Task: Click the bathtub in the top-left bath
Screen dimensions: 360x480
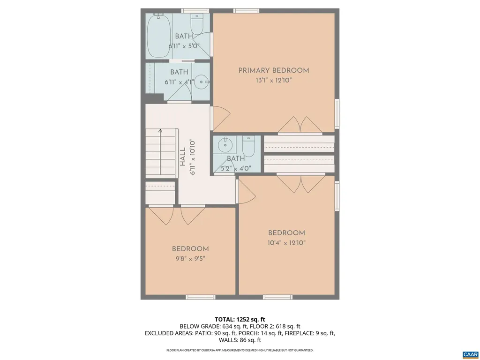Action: pyautogui.click(x=157, y=36)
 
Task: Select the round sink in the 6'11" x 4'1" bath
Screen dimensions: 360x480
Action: pyautogui.click(x=202, y=82)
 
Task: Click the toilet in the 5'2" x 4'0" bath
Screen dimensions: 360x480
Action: pyautogui.click(x=248, y=146)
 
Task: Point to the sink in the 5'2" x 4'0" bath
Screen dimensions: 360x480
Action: pyautogui.click(x=225, y=143)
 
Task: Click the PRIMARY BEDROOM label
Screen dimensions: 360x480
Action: pyautogui.click(x=274, y=71)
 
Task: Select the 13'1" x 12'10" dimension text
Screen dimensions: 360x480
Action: pyautogui.click(x=274, y=80)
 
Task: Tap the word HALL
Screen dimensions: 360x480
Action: pyautogui.click(x=182, y=157)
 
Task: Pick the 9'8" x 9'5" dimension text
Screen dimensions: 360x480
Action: pyautogui.click(x=190, y=258)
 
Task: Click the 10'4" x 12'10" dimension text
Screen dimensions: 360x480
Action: pyautogui.click(x=286, y=243)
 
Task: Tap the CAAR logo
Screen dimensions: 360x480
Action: pyautogui.click(x=470, y=354)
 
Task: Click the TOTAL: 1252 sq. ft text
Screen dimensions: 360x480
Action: pyautogui.click(x=240, y=319)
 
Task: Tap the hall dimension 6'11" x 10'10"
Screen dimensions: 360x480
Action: pyautogui.click(x=191, y=157)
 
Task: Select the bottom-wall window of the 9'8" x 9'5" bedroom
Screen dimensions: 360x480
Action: pyautogui.click(x=200, y=297)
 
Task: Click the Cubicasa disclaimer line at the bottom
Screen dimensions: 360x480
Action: pyautogui.click(x=240, y=350)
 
